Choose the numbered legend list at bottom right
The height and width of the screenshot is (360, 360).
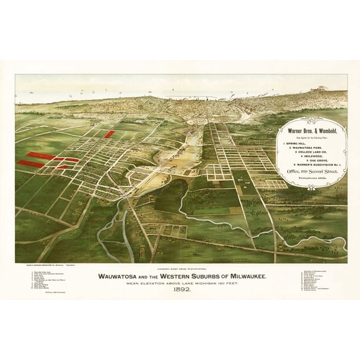click(310, 272)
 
